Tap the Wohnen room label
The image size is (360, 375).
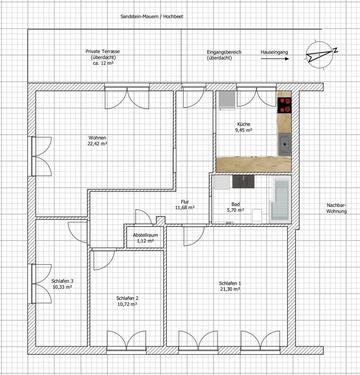[96, 139]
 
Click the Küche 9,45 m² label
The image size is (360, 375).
[244, 127]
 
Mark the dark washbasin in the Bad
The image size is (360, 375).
[243, 183]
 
